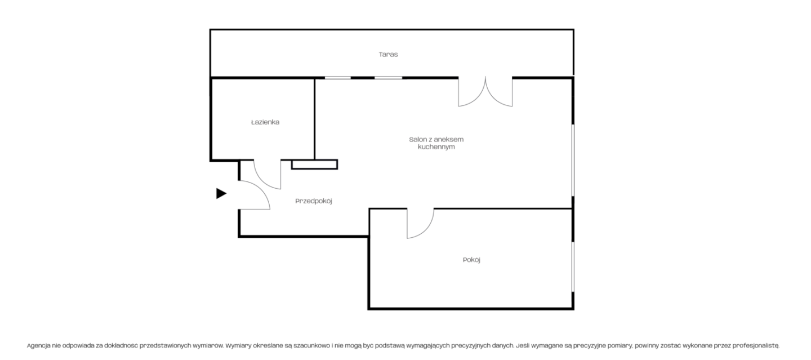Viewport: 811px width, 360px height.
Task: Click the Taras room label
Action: (x=388, y=55)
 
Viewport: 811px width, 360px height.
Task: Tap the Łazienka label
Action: (x=265, y=122)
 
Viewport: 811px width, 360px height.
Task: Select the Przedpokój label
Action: (x=314, y=201)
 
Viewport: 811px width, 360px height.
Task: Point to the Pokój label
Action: (x=471, y=260)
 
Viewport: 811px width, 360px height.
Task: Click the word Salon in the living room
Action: (x=418, y=140)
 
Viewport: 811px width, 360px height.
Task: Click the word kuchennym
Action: (x=436, y=147)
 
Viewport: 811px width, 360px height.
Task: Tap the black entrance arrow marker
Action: (x=221, y=194)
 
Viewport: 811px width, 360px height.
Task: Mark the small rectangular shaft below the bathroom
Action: (x=315, y=165)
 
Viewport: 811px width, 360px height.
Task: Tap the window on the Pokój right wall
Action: (x=573, y=266)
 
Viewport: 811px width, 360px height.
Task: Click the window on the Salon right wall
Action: (x=573, y=161)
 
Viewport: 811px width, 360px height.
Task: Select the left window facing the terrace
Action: (x=338, y=78)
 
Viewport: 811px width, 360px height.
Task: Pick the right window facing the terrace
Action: (x=388, y=78)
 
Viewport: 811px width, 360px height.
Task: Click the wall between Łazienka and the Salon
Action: (x=315, y=119)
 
